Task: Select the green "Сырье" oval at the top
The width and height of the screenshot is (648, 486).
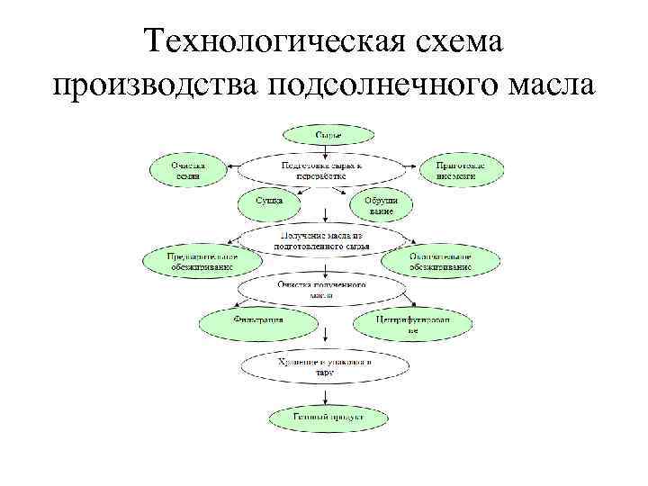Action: pos(326,135)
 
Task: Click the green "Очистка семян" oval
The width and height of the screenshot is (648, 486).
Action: pos(189,171)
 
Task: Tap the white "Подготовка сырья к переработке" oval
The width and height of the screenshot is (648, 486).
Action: pos(320,171)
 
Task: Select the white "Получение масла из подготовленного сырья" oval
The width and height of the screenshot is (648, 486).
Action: pos(321,238)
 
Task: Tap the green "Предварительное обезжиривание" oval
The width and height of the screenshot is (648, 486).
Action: pos(202,261)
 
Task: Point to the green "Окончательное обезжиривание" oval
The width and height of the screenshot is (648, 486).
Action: pos(441,261)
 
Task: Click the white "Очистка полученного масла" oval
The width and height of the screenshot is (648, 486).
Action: pos(321,289)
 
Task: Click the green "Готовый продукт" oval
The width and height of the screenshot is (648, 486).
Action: pos(328,418)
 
